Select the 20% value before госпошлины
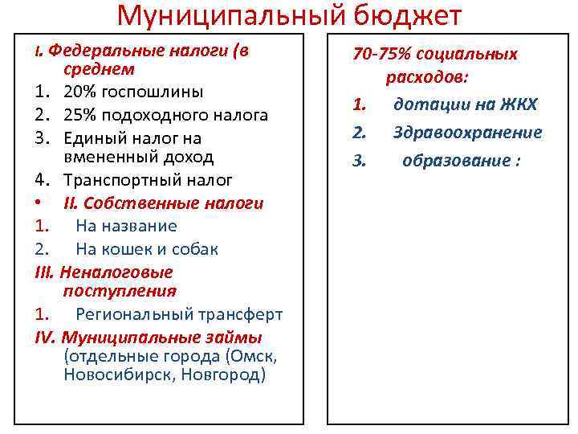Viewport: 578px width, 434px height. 79,91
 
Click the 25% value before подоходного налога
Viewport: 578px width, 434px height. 79,115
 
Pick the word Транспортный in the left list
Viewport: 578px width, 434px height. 119,179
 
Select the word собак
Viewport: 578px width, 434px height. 193,249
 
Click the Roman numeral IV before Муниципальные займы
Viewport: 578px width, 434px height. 46,336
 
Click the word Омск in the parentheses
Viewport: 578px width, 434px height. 251,355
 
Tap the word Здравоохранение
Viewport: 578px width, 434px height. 467,132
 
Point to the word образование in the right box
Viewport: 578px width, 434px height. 455,161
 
